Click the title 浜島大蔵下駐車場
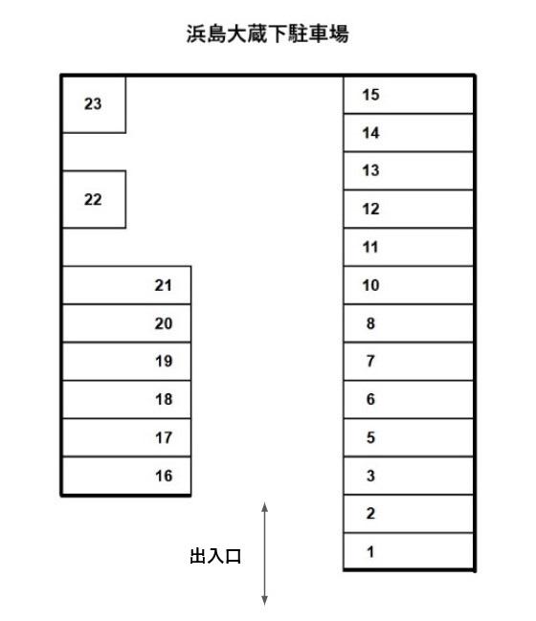coord(267,33)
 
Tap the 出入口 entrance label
coord(215,556)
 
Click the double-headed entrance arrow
coord(264,554)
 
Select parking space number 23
coord(94,104)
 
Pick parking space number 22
coord(94,199)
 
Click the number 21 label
coord(164,285)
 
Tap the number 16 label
coord(164,476)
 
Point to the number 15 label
coord(370,95)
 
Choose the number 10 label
coord(370,285)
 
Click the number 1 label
coord(370,551)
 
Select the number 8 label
coord(370,323)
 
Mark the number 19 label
coord(164,361)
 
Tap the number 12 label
coord(370,209)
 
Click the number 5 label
coord(370,437)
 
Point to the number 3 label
coord(370,476)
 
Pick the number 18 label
coord(164,399)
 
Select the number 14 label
coord(370,133)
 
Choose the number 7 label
coord(370,361)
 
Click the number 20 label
coord(164,323)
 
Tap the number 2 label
coord(370,513)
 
